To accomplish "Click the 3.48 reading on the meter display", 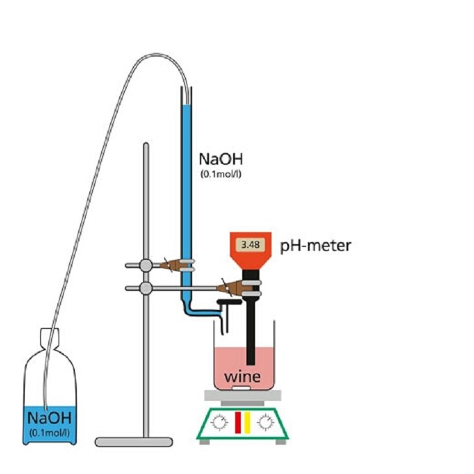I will [249, 245].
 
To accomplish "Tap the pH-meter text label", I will [316, 246].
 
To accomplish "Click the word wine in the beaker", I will [242, 377].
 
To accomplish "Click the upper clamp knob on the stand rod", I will [146, 265].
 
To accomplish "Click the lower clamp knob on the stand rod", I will [146, 287].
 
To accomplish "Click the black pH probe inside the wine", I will [251, 352].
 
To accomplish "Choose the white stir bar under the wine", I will [242, 389].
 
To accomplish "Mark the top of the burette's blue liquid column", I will [187, 105].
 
